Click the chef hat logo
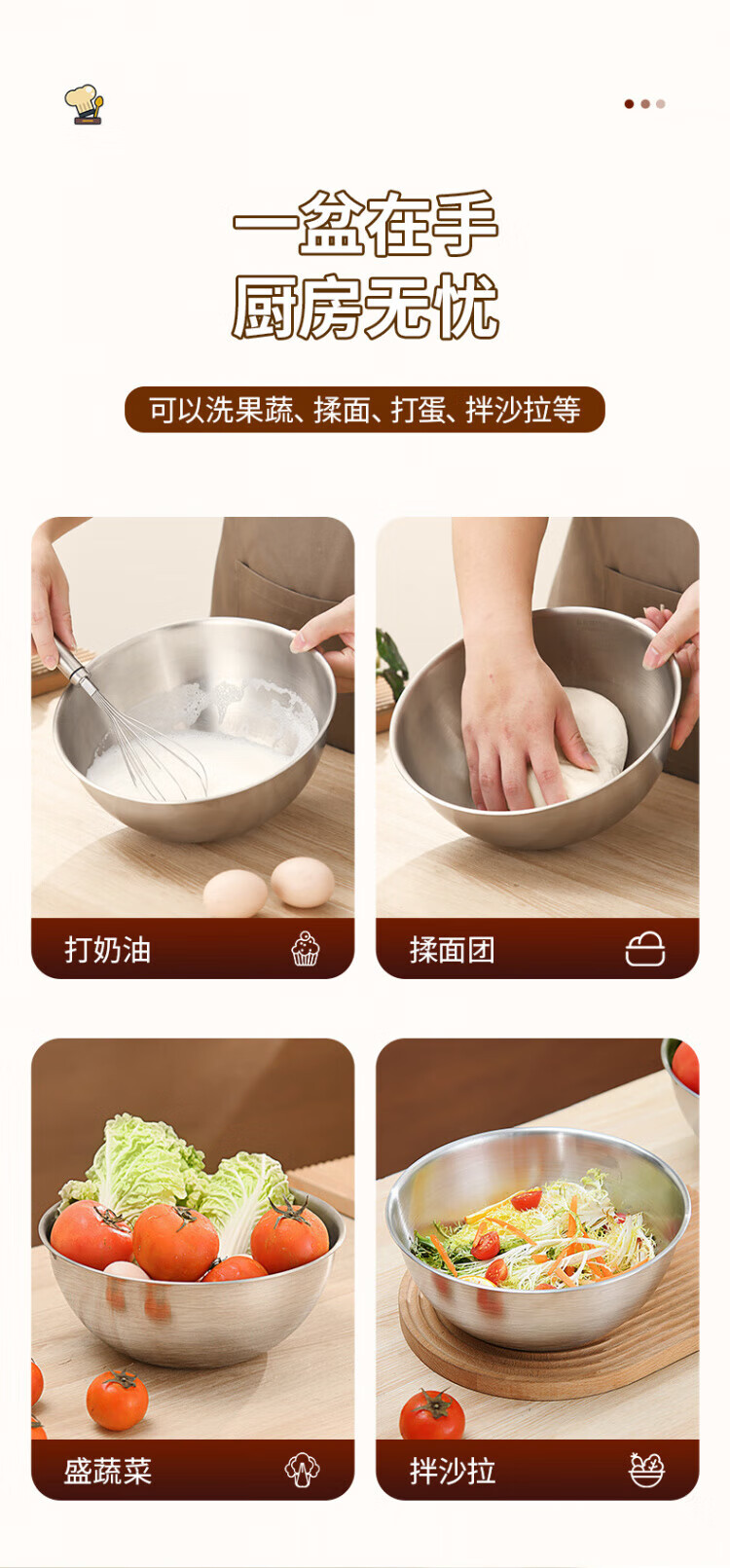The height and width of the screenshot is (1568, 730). [84, 105]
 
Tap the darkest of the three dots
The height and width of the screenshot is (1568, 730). [629, 104]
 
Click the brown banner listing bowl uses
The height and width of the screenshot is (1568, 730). [365, 410]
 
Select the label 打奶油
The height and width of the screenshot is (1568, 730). [108, 950]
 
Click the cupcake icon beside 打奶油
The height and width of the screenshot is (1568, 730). [306, 949]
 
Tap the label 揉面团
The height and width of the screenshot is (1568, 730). [453, 950]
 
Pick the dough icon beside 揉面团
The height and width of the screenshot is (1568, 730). [644, 949]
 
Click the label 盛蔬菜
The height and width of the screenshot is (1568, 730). [108, 1471]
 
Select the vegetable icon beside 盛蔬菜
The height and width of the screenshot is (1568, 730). [303, 1470]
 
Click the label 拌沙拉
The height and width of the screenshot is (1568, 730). [453, 1471]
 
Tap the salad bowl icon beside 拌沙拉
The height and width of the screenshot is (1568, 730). [646, 1470]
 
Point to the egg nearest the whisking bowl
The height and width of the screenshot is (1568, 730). [303, 882]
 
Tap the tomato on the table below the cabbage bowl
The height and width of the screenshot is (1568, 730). [117, 1400]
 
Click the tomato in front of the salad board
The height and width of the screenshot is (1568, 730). [432, 1415]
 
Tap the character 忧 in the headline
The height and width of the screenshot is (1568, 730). [464, 308]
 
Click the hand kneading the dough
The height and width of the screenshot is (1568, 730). [518, 735]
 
